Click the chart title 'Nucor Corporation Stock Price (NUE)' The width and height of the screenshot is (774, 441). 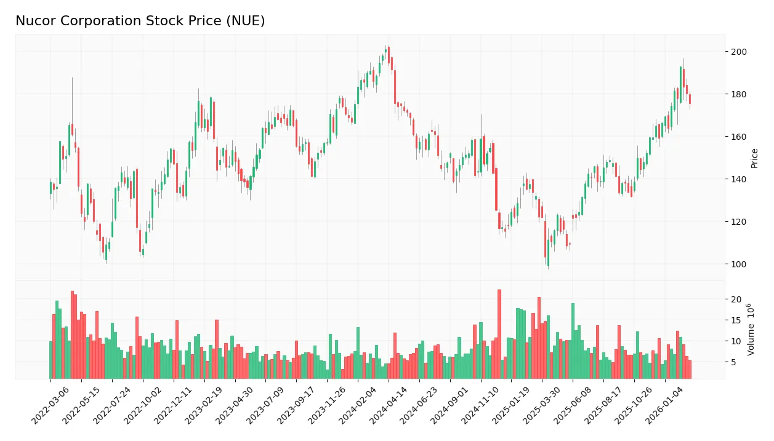click(x=140, y=21)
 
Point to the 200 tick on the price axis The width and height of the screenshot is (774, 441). click(x=738, y=52)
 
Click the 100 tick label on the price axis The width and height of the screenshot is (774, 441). click(x=738, y=264)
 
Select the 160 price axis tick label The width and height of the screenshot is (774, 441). click(x=738, y=137)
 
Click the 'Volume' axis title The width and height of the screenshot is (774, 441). click(x=752, y=330)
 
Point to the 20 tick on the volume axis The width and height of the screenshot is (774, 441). click(x=735, y=299)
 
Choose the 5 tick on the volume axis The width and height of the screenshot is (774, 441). click(x=733, y=362)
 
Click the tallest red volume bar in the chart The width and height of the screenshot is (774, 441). click(x=499, y=334)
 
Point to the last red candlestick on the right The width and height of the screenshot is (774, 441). click(x=690, y=99)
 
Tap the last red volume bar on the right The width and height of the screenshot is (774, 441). click(x=690, y=369)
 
